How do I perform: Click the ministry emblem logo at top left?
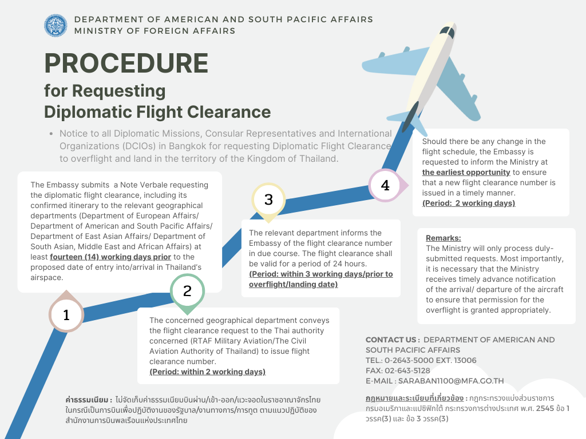(x=56, y=26)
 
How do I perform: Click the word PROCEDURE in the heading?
(x=126, y=63)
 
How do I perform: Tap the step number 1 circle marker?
(x=66, y=315)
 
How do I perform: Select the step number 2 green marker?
(x=187, y=291)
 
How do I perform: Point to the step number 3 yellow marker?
(x=268, y=199)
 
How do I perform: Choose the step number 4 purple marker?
(x=385, y=186)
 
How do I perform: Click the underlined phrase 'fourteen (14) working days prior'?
(x=110, y=257)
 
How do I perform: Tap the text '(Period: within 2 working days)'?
(x=207, y=372)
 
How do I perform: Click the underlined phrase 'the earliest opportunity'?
(x=466, y=172)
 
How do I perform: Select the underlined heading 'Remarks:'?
(x=443, y=238)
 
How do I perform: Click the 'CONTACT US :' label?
(x=393, y=340)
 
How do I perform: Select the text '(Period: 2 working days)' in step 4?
(x=468, y=203)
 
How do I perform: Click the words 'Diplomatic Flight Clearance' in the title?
(x=157, y=111)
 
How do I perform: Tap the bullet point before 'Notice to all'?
(x=51, y=134)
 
